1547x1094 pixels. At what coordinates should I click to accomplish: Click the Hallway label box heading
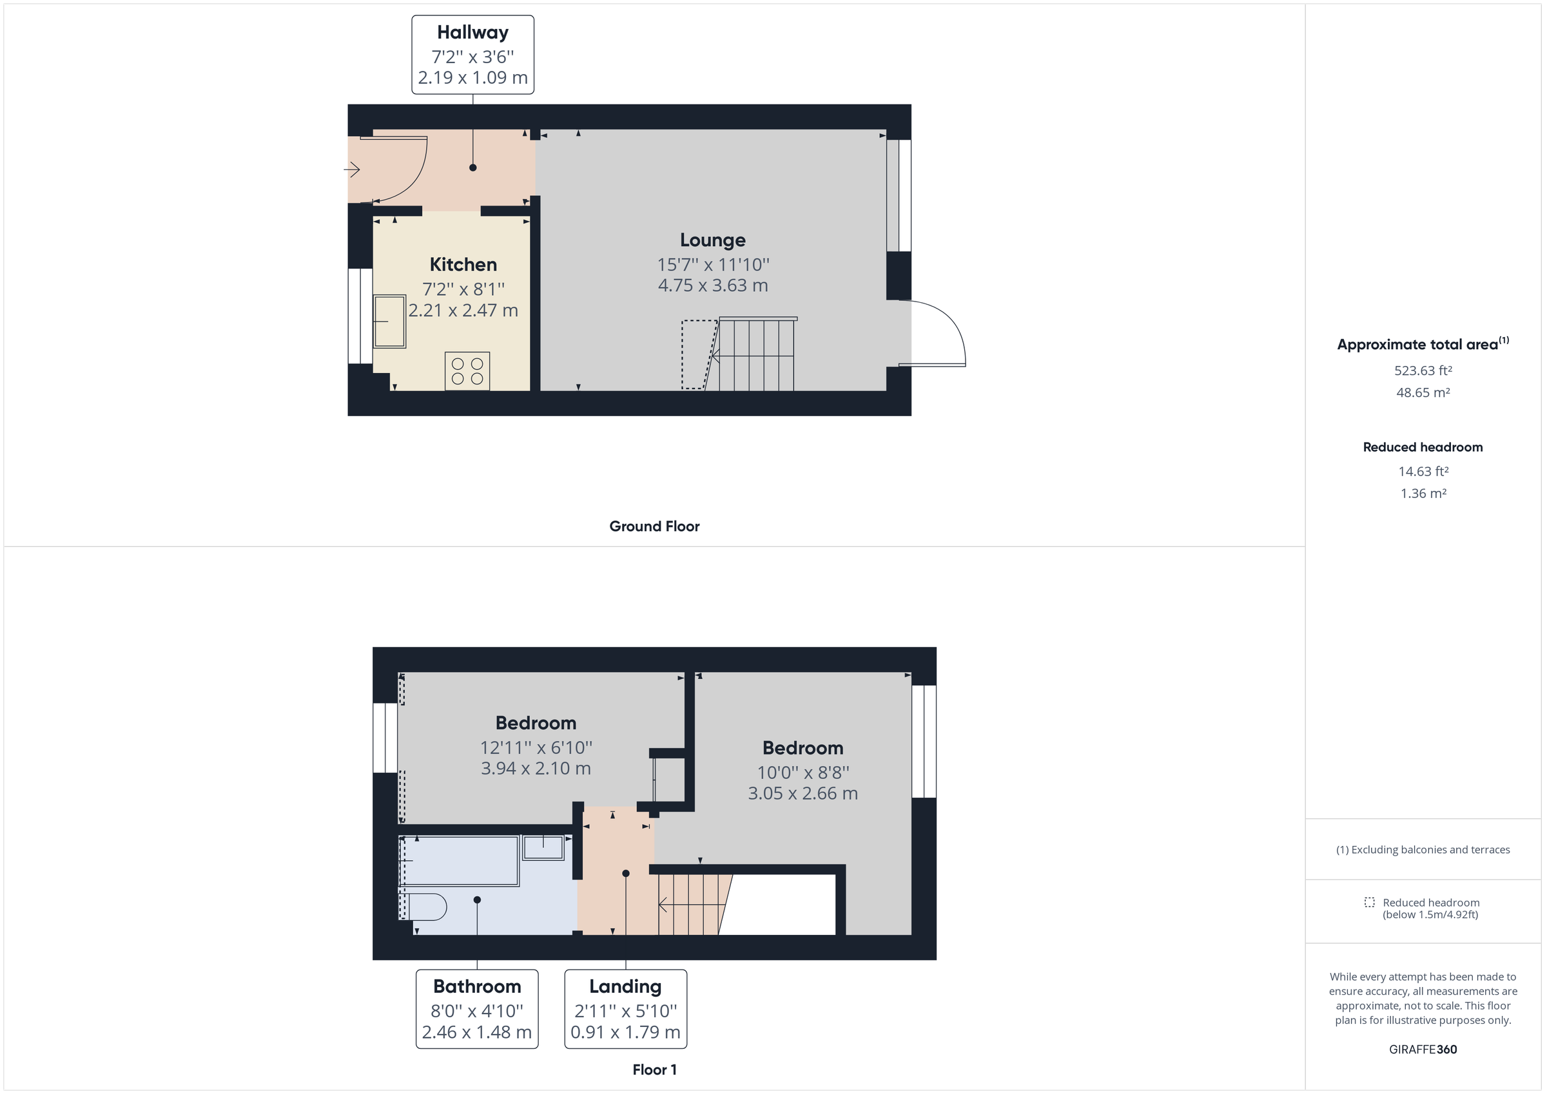472,32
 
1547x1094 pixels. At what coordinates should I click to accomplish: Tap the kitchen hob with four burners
467,371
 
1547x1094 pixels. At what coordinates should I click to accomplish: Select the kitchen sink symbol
389,321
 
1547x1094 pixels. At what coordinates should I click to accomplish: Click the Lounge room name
712,240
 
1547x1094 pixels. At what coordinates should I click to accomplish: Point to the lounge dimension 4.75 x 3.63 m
713,285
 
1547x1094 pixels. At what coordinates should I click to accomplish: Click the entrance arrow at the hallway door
352,169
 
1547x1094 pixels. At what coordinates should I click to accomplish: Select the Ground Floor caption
654,526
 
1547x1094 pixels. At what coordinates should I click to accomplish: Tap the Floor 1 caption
654,1070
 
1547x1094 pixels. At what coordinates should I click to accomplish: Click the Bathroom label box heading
477,986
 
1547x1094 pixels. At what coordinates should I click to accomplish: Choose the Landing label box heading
625,986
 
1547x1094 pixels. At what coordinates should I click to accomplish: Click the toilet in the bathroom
427,907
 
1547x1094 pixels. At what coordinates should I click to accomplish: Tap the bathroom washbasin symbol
543,847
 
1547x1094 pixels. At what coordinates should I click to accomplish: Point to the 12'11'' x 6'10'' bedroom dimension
536,747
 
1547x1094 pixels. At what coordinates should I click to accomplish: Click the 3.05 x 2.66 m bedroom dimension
803,794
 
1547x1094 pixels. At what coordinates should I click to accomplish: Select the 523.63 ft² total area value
1423,370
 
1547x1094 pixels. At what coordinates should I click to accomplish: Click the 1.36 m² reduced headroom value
1423,493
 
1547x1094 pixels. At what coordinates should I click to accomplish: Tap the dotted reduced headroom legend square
1369,902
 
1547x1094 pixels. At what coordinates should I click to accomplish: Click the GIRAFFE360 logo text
1423,1049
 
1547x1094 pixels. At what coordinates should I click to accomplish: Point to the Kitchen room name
463,264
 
